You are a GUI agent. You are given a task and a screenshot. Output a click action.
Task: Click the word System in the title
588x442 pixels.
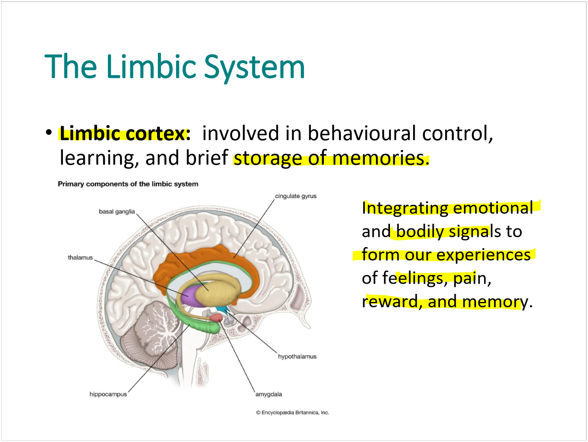pos(254,67)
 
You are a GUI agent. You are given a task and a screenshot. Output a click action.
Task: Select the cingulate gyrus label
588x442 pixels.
pos(295,196)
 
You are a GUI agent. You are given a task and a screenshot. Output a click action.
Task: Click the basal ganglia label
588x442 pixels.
pos(117,211)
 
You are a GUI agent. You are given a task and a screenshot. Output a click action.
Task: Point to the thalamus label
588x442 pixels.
pos(80,257)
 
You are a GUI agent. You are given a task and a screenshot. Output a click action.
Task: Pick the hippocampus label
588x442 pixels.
pos(108,394)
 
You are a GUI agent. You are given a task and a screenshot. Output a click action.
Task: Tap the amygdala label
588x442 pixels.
pos(268,394)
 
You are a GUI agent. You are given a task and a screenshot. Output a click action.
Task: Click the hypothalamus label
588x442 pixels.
pos(297,356)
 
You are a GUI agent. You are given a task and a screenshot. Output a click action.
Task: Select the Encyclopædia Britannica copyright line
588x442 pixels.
pos(292,412)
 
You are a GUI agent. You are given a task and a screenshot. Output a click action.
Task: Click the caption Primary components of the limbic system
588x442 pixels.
pos(128,184)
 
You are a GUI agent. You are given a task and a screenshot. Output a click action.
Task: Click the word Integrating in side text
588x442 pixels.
pos(405,208)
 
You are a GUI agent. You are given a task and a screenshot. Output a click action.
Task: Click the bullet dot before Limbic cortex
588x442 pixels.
pos(49,132)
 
